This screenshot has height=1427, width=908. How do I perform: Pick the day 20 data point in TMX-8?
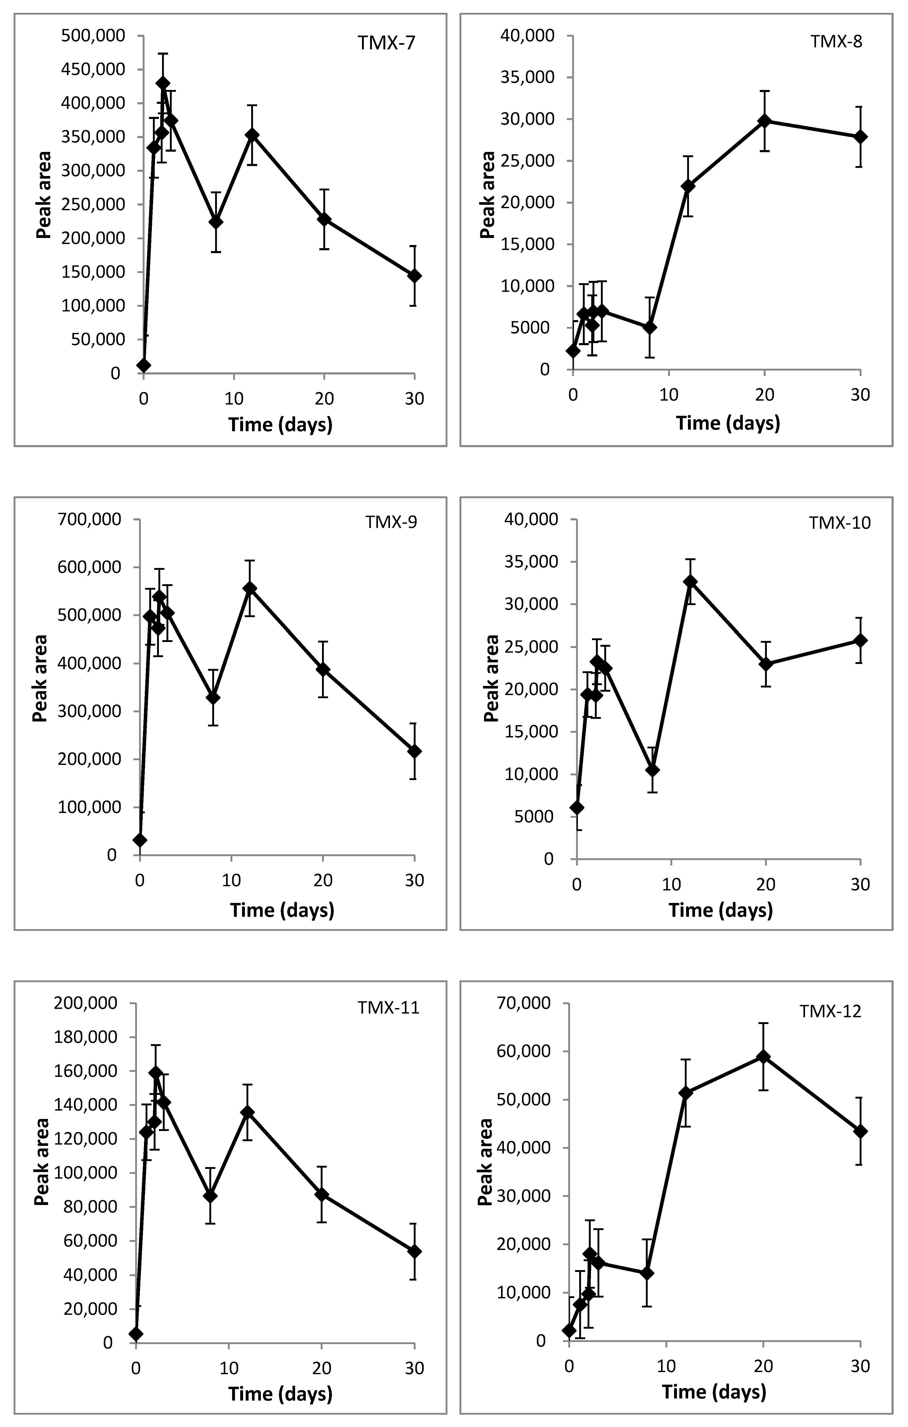point(765,121)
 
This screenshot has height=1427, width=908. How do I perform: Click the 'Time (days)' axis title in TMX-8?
point(728,423)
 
